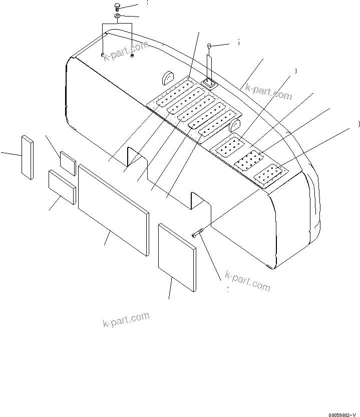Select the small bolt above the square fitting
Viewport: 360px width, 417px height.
(x=210, y=47)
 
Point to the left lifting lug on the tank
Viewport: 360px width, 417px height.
(x=167, y=77)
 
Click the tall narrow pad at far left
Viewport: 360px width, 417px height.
(x=27, y=156)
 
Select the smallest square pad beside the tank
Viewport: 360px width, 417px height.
(x=68, y=163)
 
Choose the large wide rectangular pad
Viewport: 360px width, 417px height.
(x=114, y=209)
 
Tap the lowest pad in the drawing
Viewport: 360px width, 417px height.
(x=177, y=257)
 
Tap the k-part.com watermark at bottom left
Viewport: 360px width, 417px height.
(x=126, y=319)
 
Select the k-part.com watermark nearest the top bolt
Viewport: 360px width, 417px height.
(x=126, y=51)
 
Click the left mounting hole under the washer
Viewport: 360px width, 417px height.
(x=102, y=55)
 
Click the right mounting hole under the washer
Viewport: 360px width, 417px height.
(x=132, y=56)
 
